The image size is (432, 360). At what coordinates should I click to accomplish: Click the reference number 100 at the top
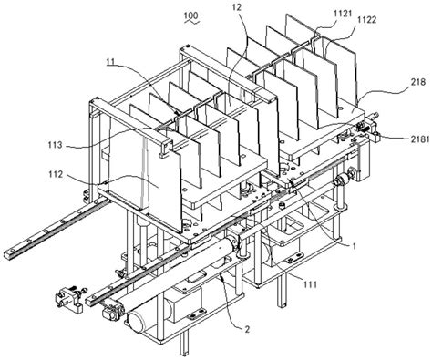pyautogui.click(x=191, y=15)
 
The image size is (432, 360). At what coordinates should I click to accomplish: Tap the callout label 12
pyautogui.click(x=236, y=7)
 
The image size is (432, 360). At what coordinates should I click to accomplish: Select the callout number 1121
pyautogui.click(x=334, y=14)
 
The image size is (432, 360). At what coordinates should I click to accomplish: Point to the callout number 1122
pyautogui.click(x=366, y=20)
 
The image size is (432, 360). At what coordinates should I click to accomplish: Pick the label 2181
pyautogui.click(x=417, y=139)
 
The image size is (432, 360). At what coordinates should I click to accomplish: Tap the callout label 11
pyautogui.click(x=110, y=62)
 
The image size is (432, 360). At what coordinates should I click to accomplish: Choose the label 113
pyautogui.click(x=55, y=145)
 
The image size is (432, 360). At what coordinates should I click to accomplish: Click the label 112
pyautogui.click(x=56, y=174)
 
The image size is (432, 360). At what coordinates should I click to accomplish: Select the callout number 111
pyautogui.click(x=310, y=284)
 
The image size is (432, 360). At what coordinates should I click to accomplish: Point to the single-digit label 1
pyautogui.click(x=353, y=246)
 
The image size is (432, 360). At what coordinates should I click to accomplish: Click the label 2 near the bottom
pyautogui.click(x=247, y=329)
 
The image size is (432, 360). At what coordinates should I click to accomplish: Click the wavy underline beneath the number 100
pyautogui.click(x=192, y=22)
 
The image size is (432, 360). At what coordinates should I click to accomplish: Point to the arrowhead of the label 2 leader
pyautogui.click(x=222, y=275)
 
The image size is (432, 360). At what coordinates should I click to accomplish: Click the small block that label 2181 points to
pyautogui.click(x=375, y=136)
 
